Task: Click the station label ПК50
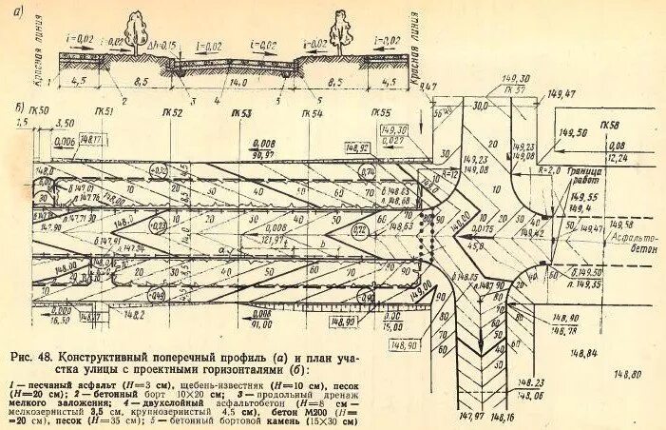[39, 111]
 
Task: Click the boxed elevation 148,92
[358, 148]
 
